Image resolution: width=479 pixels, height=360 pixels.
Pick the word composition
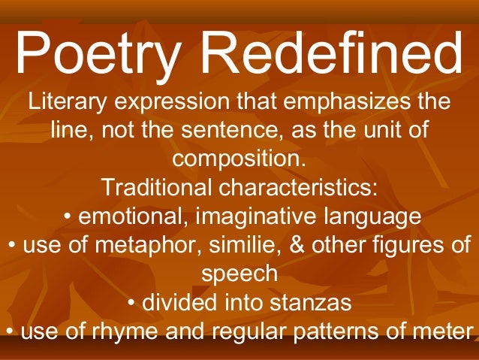pyautogui.click(x=239, y=159)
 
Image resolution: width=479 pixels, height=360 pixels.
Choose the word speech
pyautogui.click(x=239, y=274)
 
